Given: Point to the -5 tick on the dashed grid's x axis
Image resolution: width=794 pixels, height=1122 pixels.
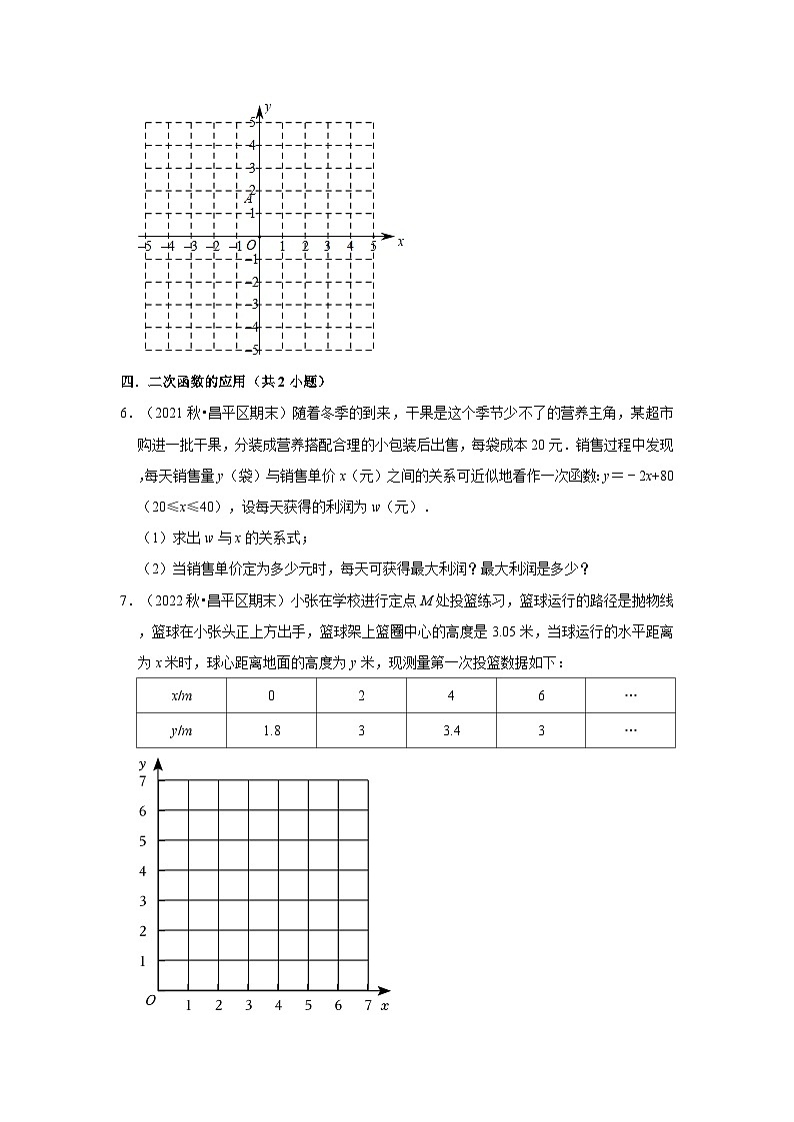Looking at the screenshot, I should [x=145, y=246].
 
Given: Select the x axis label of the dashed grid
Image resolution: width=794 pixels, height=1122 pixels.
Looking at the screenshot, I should [x=400, y=242].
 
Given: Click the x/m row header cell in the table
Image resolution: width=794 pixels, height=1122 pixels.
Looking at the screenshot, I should [x=181, y=695].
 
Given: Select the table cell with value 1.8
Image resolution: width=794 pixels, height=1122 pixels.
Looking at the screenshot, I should [x=271, y=730].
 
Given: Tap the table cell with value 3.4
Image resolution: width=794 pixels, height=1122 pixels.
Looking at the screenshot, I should [x=451, y=730].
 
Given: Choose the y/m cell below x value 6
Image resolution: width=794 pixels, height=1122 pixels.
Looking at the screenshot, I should [x=541, y=730].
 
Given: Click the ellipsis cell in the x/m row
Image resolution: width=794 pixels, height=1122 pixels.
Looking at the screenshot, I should [x=630, y=695].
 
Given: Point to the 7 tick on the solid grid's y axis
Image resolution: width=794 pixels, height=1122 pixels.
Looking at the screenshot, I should [x=143, y=780].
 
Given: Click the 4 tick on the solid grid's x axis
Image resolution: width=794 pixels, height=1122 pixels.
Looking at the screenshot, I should [x=278, y=1005].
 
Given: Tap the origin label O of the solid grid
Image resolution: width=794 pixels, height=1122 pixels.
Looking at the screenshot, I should [x=150, y=1000].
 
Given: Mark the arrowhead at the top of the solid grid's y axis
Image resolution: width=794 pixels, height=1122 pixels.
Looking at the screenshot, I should [x=158, y=764].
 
